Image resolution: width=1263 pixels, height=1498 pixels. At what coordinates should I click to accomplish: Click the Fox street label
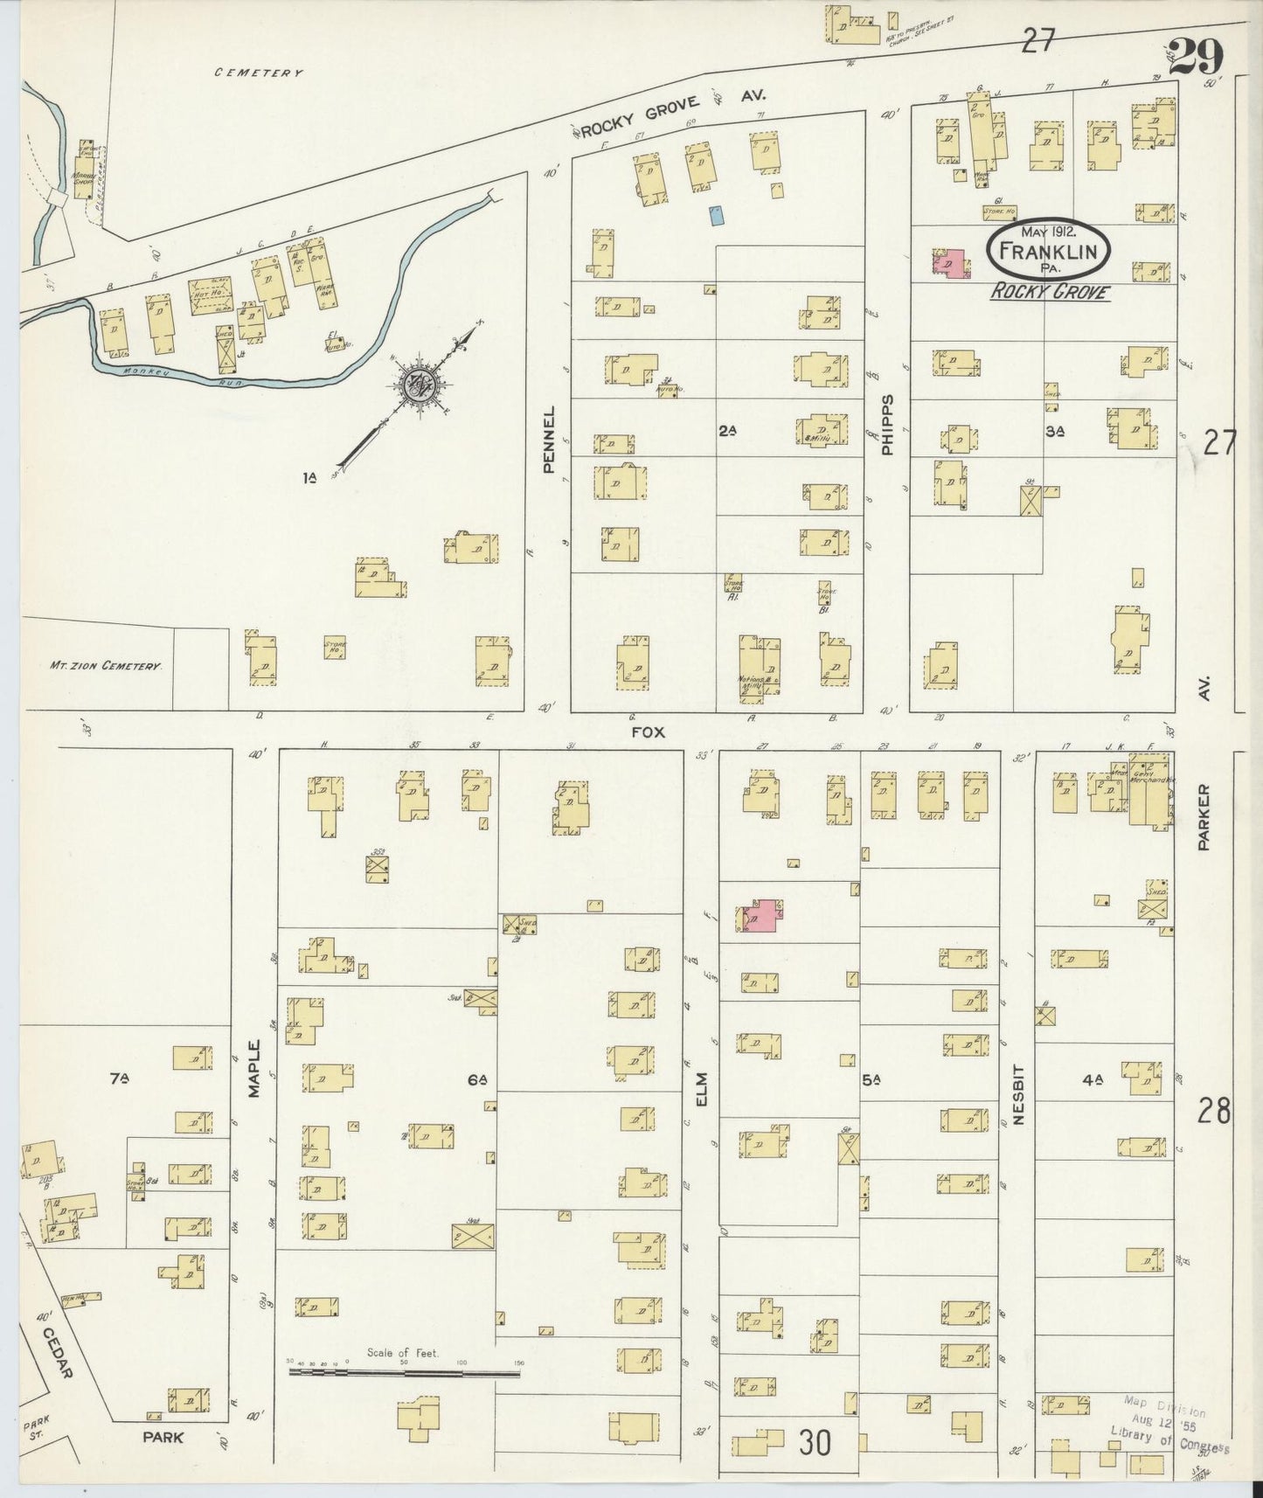point(649,732)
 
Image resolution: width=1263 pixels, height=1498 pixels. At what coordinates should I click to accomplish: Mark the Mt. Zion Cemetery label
point(106,665)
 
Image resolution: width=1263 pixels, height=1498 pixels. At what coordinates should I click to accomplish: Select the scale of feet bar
point(404,1373)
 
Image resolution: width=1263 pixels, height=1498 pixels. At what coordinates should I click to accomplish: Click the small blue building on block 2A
point(716,214)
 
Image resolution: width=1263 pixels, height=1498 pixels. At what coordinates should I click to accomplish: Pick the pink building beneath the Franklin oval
point(953,264)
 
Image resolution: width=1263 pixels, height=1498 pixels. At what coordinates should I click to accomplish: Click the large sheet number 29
point(1194,59)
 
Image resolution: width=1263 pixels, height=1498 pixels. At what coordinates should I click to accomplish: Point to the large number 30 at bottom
point(814,1443)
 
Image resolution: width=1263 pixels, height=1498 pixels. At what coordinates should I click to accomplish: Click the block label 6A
point(476,1080)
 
